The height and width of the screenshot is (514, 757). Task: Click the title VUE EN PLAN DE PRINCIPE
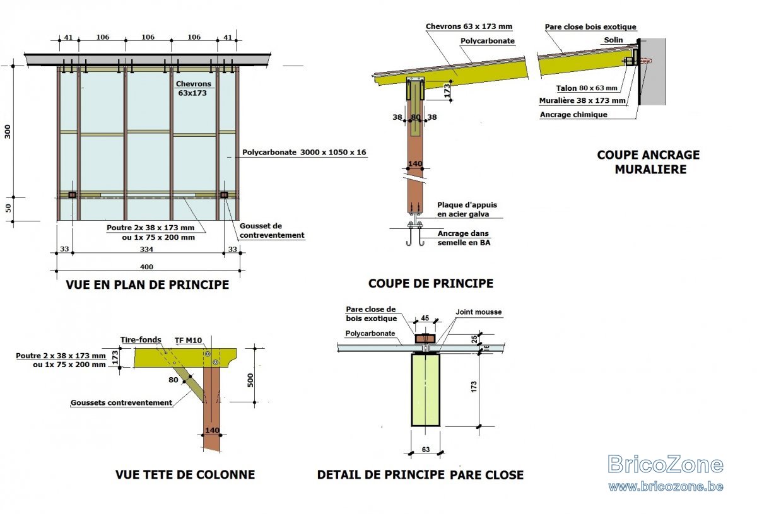(148, 284)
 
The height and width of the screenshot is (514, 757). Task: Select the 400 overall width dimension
(146, 267)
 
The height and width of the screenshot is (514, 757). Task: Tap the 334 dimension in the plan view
(146, 249)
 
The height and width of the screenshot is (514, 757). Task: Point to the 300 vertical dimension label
(8, 131)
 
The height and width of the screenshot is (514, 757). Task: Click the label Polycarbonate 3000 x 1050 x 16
(304, 152)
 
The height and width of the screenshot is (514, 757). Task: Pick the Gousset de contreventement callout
(272, 230)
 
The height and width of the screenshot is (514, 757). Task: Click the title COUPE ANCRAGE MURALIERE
(648, 162)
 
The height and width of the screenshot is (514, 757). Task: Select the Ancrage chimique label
(573, 115)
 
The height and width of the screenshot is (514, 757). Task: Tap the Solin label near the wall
(613, 40)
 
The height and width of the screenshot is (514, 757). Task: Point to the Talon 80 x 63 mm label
(587, 88)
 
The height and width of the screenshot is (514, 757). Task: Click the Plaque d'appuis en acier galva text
(467, 209)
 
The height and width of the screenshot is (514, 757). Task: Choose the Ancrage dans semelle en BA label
(464, 238)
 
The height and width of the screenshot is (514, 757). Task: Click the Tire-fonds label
(141, 340)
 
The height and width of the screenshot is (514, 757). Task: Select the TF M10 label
(188, 341)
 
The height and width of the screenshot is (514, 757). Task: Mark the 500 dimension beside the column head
(250, 380)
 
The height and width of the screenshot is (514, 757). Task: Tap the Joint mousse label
(479, 312)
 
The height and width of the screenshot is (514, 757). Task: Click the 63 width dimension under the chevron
(426, 450)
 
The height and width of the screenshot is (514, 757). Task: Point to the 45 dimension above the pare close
(425, 318)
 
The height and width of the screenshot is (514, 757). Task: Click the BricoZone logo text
(666, 464)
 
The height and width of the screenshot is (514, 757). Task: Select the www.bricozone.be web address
(666, 486)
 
